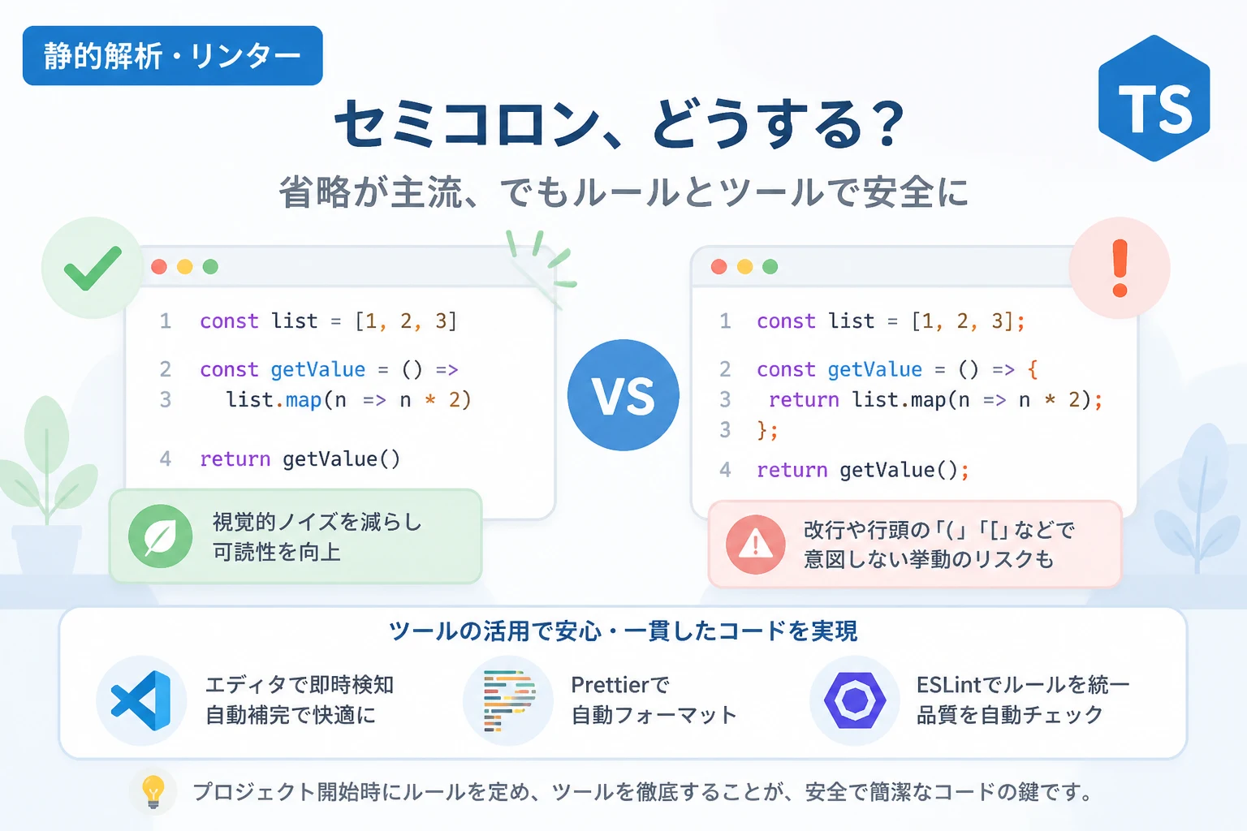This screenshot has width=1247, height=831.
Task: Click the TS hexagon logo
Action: tap(1154, 98)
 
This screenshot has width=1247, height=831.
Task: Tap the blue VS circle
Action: tap(623, 395)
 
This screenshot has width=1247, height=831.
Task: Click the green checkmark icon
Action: tap(93, 268)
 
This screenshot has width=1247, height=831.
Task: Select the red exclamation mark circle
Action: tap(1120, 268)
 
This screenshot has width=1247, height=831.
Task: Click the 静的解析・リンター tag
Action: tap(173, 56)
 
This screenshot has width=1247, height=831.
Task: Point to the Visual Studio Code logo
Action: tap(141, 700)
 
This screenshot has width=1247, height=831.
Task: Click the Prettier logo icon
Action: tap(509, 700)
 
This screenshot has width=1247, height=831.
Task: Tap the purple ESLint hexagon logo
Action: tap(855, 700)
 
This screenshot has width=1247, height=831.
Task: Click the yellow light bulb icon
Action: tap(153, 791)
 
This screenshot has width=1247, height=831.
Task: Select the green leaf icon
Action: tap(160, 536)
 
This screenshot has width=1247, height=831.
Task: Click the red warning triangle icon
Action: tap(756, 545)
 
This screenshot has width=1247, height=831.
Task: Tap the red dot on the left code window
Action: tap(159, 267)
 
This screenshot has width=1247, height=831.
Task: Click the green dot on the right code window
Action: tap(770, 267)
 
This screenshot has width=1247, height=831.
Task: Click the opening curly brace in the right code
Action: tap(1033, 369)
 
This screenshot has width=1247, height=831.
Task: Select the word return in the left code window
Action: tap(235, 459)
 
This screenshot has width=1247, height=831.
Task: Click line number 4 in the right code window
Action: tap(725, 470)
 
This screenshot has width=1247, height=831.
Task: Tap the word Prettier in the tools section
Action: tap(611, 685)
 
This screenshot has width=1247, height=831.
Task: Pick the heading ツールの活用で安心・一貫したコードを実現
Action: tap(623, 631)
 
